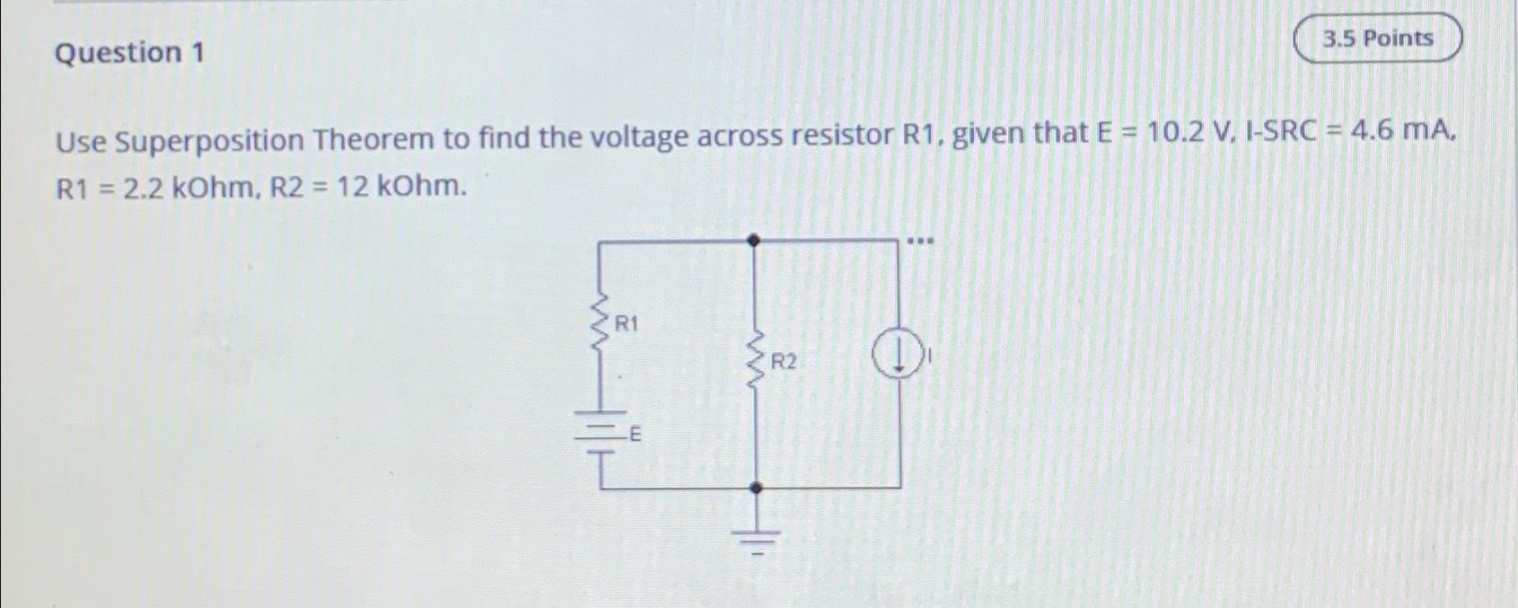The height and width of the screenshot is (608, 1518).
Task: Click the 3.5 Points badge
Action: coord(1378,39)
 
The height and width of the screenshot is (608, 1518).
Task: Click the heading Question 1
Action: coord(129,53)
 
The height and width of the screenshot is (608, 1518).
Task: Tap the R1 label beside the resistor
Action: coord(626,323)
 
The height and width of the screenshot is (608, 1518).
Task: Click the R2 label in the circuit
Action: coord(783,362)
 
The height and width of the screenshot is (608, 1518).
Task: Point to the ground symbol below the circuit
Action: coord(756,536)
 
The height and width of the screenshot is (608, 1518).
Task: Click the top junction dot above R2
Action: coord(755,241)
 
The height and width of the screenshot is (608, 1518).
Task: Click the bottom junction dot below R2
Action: coord(756,488)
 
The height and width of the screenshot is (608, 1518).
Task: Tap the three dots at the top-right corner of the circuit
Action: coord(920,242)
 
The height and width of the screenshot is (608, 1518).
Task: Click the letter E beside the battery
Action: coord(635,436)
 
